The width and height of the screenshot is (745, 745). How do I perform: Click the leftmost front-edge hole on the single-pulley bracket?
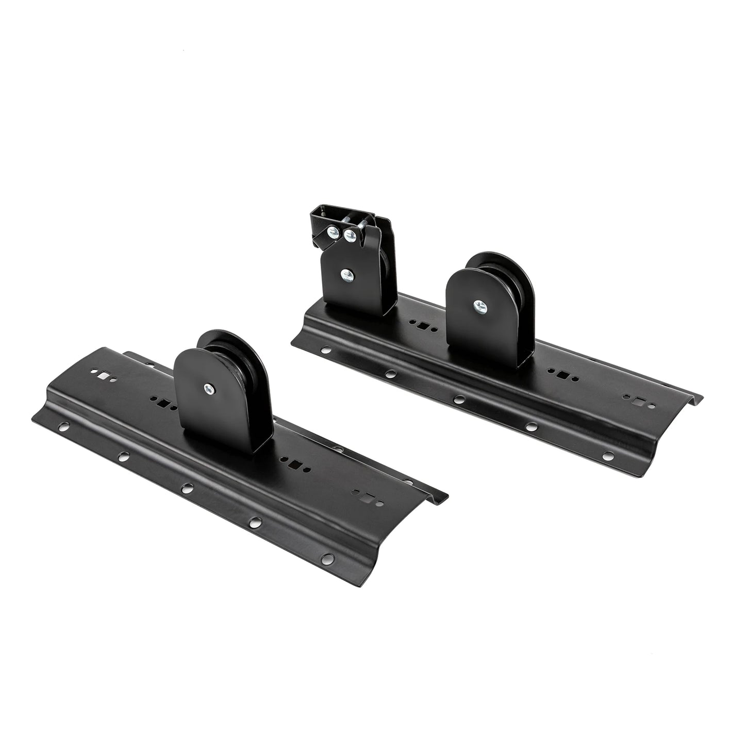(x=63, y=426)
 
